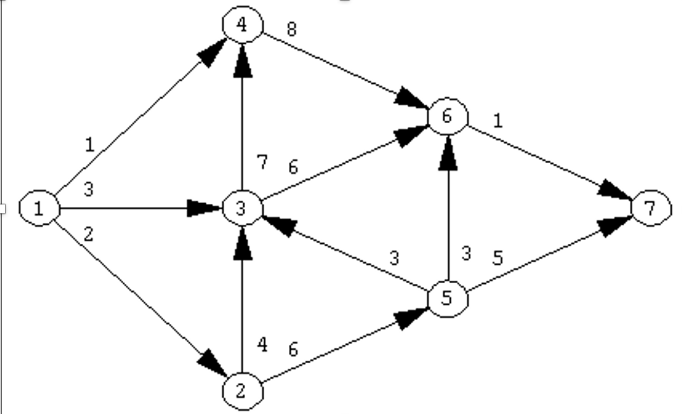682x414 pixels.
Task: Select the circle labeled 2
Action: pos(243,390)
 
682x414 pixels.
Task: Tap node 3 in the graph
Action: pos(242,208)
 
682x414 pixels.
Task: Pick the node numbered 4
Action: pos(242,25)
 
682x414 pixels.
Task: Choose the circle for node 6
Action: pos(448,117)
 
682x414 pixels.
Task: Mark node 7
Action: pos(651,208)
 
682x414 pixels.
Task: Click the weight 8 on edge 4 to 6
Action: pos(291,30)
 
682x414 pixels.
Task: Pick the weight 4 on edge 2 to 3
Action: pos(262,345)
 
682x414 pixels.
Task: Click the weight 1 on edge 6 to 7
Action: pos(497,121)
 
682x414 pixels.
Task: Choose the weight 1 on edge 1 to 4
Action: pos(90,144)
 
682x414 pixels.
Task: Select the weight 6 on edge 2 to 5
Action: pos(293,349)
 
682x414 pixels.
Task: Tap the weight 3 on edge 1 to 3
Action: pos(88,190)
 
